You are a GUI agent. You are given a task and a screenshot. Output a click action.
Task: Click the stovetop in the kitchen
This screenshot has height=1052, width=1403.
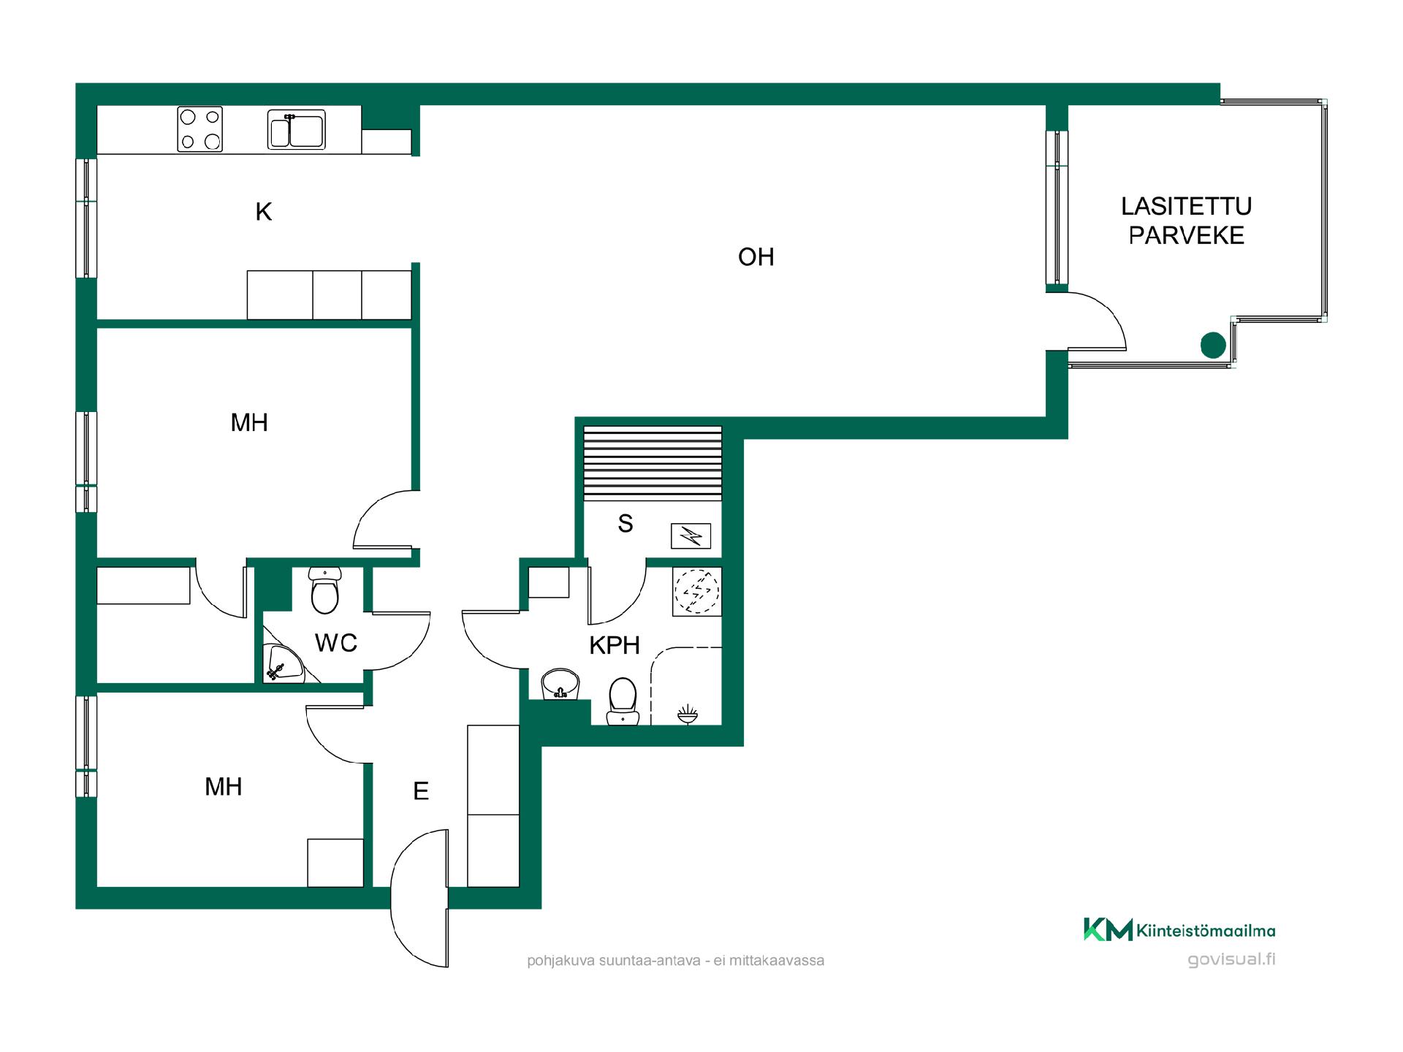(199, 129)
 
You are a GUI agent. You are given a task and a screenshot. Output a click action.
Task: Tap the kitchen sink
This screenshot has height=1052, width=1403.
(296, 129)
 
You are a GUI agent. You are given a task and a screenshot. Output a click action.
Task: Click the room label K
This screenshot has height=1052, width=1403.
(264, 212)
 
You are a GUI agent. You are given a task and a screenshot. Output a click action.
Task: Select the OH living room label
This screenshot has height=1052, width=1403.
(756, 257)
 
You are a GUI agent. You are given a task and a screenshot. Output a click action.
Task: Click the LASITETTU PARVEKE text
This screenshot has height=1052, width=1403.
(1186, 221)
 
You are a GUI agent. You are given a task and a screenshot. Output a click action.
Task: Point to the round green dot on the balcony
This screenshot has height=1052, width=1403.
(1213, 345)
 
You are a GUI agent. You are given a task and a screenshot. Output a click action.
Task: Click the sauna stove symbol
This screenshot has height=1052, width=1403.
(691, 536)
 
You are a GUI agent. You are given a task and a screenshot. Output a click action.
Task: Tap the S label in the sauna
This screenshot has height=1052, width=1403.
(626, 523)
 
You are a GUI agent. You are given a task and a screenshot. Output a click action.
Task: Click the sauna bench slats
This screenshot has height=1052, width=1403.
(653, 463)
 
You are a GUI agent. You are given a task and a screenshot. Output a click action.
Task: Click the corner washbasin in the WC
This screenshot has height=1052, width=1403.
(283, 664)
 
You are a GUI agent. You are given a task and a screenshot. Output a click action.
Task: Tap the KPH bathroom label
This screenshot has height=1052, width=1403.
(615, 645)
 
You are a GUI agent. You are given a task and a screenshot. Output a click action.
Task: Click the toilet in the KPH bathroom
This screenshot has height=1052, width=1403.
(623, 701)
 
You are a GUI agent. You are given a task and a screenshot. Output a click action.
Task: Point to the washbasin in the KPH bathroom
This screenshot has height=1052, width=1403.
(560, 685)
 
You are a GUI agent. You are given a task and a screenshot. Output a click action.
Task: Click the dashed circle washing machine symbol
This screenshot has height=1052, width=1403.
(697, 591)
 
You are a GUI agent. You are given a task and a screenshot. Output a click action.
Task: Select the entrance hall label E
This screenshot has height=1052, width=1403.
(421, 791)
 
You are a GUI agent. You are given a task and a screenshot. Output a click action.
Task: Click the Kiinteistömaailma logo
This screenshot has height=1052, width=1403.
(1179, 929)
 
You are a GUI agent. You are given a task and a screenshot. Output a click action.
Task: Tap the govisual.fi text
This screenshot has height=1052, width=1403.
(1231, 959)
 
